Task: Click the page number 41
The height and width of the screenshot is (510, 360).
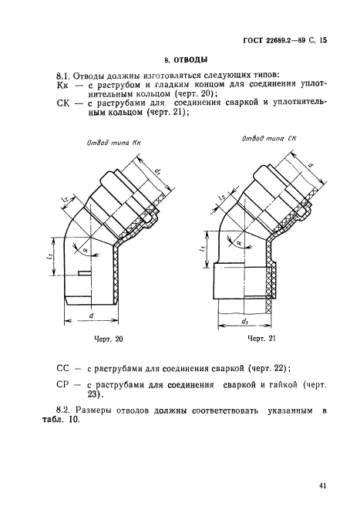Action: tap(321, 485)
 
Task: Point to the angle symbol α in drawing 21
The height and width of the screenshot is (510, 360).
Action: tap(237, 242)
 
